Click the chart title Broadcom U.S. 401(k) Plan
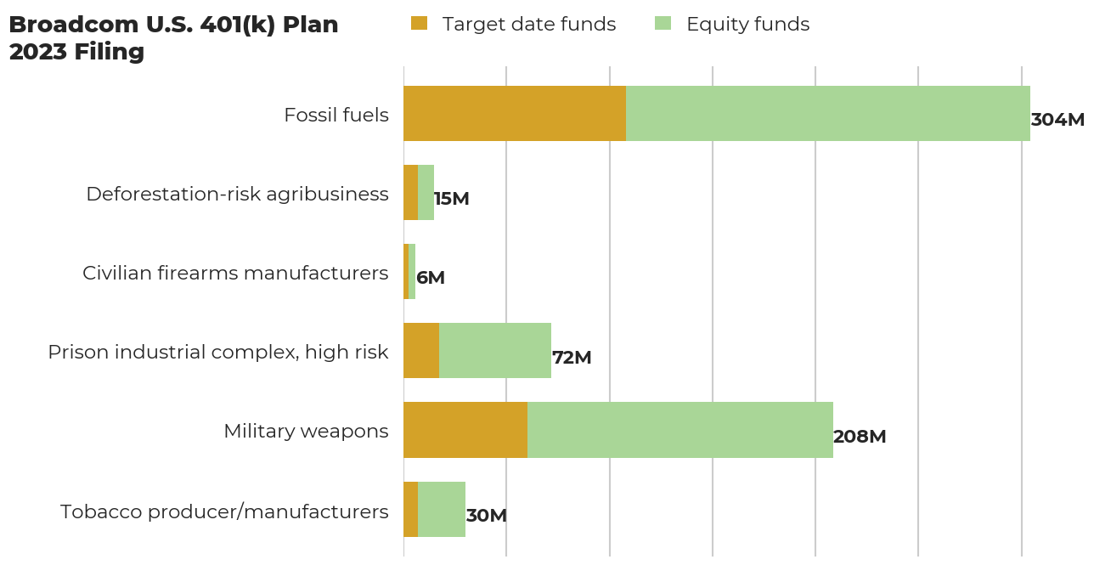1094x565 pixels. click(x=173, y=25)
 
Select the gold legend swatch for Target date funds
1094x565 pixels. click(x=419, y=24)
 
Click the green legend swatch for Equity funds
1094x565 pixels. click(x=663, y=24)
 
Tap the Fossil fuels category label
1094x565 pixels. click(x=336, y=115)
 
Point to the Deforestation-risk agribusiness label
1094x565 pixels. click(x=237, y=194)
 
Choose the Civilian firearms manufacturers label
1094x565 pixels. click(x=235, y=273)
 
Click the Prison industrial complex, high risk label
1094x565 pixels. click(x=218, y=352)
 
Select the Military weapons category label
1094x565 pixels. click(x=306, y=431)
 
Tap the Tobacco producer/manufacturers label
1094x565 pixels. click(x=224, y=511)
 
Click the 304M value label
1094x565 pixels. click(x=1057, y=120)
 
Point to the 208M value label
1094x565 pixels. click(x=860, y=437)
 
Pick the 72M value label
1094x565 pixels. click(x=572, y=358)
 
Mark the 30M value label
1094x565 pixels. click(x=487, y=516)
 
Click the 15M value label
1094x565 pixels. click(x=452, y=199)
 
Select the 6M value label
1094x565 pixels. click(x=431, y=278)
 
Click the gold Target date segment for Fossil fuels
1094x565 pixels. click(x=514, y=113)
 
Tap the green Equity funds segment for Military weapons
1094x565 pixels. click(x=680, y=430)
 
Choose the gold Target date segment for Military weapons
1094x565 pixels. click(x=465, y=430)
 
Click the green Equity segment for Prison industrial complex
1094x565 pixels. click(x=495, y=350)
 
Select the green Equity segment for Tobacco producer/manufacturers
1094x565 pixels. click(x=442, y=509)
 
